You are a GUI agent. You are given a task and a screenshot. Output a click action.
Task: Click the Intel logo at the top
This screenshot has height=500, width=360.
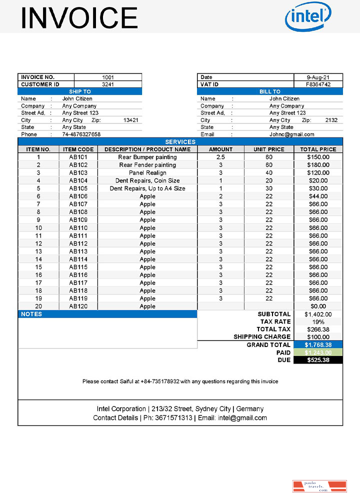307,17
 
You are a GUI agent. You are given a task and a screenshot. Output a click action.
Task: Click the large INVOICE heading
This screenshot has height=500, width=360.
79,17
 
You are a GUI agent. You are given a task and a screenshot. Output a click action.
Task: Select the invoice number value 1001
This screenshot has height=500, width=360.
107,77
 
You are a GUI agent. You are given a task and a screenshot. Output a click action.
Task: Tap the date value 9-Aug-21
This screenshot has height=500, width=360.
318,77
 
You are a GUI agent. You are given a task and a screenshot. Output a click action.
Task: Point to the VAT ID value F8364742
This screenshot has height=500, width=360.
318,84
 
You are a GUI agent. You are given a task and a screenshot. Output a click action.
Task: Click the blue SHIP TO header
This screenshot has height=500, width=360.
80,91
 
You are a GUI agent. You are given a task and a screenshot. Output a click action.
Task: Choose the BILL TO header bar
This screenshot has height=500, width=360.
270,91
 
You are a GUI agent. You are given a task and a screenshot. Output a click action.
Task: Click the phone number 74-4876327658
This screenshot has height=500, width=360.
81,134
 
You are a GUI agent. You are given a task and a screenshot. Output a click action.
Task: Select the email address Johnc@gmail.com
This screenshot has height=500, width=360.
292,134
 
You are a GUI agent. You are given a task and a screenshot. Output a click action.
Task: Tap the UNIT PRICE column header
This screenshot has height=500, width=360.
269,149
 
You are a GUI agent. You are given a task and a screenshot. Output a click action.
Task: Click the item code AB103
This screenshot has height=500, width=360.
78,172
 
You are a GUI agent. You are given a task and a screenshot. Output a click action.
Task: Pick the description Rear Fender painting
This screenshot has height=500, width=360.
147,165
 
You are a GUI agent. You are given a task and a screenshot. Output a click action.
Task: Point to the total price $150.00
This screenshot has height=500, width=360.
318,157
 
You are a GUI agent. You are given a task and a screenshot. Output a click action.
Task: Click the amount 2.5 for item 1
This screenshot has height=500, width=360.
220,157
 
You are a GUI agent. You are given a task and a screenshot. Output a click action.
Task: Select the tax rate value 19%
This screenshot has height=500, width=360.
318,322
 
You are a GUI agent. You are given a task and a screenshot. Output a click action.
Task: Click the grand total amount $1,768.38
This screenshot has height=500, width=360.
318,345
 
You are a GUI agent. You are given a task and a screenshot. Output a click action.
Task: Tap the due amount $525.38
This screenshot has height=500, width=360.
318,360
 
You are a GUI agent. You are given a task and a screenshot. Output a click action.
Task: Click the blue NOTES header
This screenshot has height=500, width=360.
107,314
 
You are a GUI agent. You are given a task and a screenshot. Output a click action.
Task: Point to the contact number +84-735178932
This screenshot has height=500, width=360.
159,381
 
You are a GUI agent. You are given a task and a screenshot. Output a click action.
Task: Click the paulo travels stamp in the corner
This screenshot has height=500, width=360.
319,486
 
